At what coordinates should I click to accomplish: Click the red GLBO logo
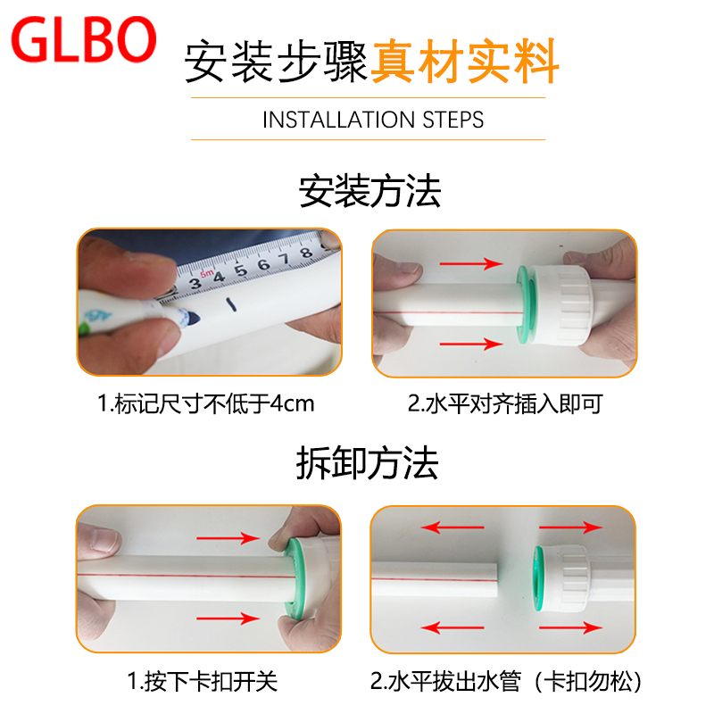click(84, 39)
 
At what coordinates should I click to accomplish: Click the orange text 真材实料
click(465, 61)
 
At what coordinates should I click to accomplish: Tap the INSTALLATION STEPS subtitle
click(373, 120)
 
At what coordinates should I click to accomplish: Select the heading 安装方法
click(369, 192)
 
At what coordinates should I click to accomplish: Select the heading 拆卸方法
click(367, 463)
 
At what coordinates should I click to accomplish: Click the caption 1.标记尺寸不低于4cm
click(206, 404)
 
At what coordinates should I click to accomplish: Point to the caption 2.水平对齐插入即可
click(505, 404)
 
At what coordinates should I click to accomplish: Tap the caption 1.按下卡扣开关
click(203, 682)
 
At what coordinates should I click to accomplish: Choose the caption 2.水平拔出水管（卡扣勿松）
click(506, 682)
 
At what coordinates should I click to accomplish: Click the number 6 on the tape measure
click(263, 264)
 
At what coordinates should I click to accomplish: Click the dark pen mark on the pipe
click(232, 304)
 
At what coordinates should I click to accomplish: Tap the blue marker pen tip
click(190, 318)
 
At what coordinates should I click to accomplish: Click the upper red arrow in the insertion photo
click(471, 263)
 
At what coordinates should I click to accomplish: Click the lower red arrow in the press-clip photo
click(228, 619)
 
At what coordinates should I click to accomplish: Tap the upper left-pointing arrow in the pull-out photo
click(452, 527)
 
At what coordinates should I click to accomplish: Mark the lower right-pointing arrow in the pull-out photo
click(571, 628)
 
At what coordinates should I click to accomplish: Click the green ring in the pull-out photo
click(539, 578)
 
